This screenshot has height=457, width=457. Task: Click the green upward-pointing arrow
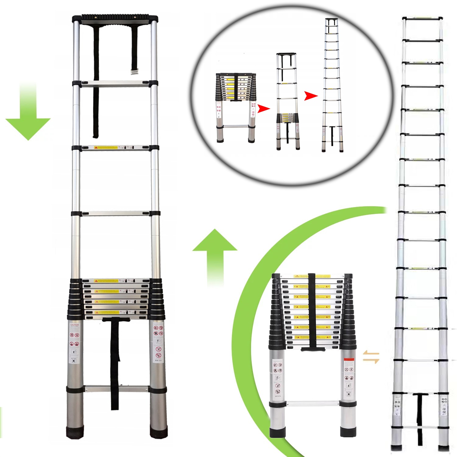point(215,253)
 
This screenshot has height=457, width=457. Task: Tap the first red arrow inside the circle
point(263,108)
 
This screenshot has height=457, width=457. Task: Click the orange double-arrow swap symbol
point(371,357)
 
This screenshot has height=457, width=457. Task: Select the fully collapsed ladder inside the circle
point(236,107)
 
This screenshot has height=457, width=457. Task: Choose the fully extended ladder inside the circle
point(332,85)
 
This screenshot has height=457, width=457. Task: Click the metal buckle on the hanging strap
point(134,72)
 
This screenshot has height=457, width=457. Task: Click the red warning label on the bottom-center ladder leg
point(349,360)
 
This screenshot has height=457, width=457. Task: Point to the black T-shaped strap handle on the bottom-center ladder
point(312,348)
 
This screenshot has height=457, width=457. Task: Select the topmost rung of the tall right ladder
point(422,19)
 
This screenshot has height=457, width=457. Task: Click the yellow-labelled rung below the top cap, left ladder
point(115,148)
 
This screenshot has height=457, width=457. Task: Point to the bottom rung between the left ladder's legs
point(116,389)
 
